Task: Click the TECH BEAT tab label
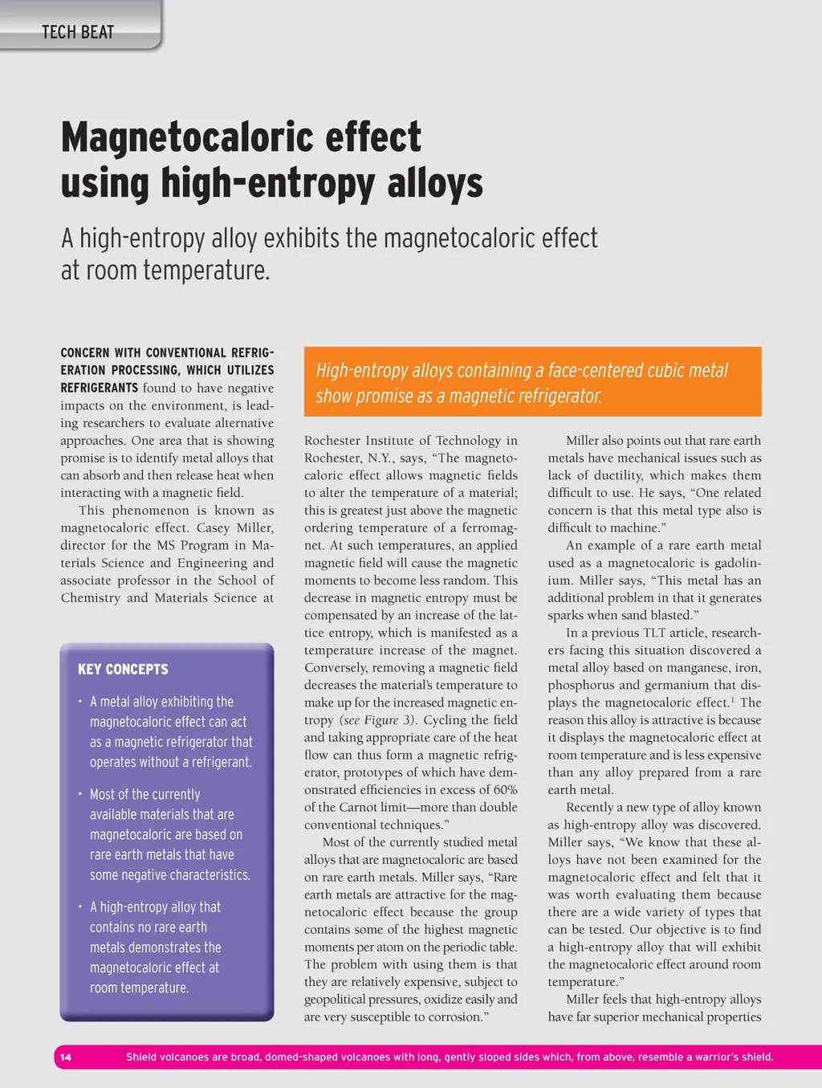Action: (x=78, y=32)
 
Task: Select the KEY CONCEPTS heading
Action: (x=123, y=670)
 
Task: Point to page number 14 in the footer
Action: (x=66, y=1057)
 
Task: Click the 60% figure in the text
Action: (x=505, y=790)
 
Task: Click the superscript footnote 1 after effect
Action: (x=731, y=700)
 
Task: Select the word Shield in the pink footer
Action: (x=141, y=1057)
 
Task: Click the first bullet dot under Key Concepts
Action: (x=80, y=702)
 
